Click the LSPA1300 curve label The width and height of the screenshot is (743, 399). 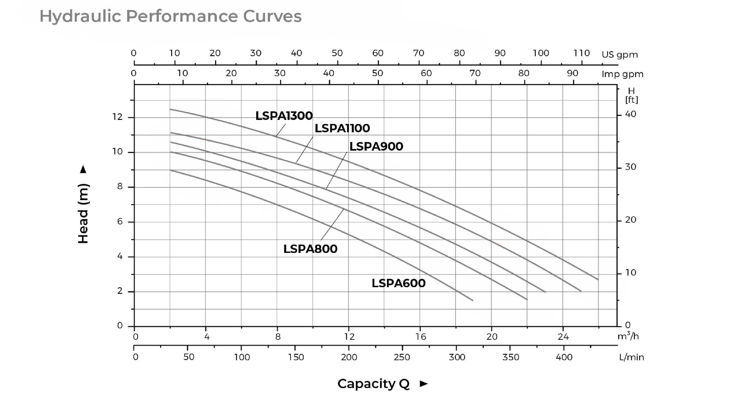click(284, 116)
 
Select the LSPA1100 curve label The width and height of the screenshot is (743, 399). click(342, 128)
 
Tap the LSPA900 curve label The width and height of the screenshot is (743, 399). click(376, 146)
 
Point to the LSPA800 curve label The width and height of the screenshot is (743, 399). click(310, 249)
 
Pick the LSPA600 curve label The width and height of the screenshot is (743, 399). click(398, 283)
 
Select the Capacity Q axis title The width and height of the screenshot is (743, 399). click(373, 384)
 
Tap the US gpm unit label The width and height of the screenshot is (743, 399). click(620, 54)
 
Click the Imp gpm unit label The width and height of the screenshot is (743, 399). click(622, 74)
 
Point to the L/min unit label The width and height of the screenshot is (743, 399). click(631, 357)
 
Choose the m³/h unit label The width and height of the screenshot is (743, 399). click(628, 336)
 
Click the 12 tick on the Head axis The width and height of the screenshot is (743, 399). click(117, 117)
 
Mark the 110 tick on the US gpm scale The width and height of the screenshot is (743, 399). click(581, 53)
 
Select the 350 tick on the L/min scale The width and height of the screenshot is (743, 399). click(511, 357)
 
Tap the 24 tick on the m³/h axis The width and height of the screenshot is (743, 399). click(563, 337)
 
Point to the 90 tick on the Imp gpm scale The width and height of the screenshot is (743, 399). click(573, 73)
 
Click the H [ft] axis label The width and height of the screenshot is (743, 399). click(631, 95)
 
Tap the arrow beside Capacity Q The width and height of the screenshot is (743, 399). click(423, 384)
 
